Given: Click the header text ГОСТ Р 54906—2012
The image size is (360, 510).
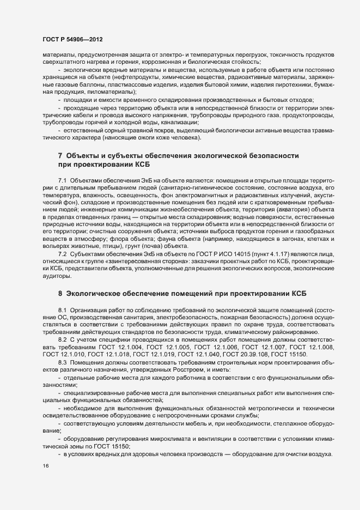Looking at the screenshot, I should pyautogui.click(x=72, y=40).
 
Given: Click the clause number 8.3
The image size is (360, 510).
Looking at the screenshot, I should pyautogui.click(x=62, y=363).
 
